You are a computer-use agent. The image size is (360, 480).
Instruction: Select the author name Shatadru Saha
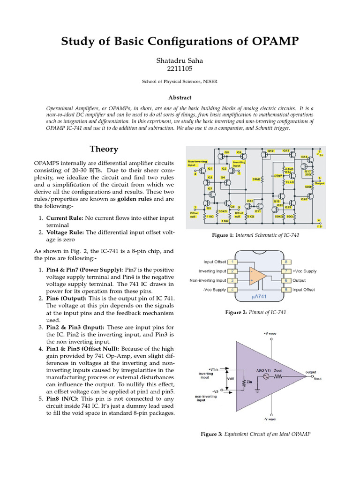[180, 60]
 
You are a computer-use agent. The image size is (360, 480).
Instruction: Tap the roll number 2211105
[180, 69]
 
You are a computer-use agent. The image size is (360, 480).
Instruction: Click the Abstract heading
[180, 97]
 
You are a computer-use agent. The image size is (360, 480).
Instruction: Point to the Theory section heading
[104, 149]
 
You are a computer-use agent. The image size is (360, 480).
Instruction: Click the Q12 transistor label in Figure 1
[270, 151]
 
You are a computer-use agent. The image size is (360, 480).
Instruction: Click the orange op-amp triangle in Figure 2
[257, 276]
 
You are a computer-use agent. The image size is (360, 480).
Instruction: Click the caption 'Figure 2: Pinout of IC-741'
[255, 312]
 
